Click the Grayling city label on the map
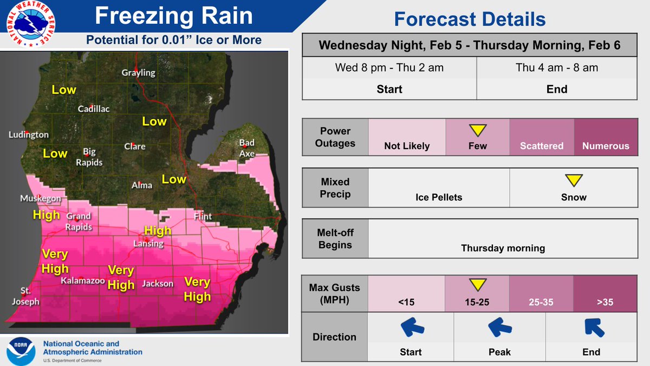[138, 73]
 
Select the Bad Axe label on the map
[247, 148]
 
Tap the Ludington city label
[29, 134]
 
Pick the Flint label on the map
[203, 217]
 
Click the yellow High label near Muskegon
[46, 215]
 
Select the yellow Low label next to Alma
[174, 179]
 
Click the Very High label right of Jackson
[197, 289]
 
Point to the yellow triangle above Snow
[573, 181]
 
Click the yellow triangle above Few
[477, 130]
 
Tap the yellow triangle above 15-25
[477, 285]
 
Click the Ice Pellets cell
[438, 188]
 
